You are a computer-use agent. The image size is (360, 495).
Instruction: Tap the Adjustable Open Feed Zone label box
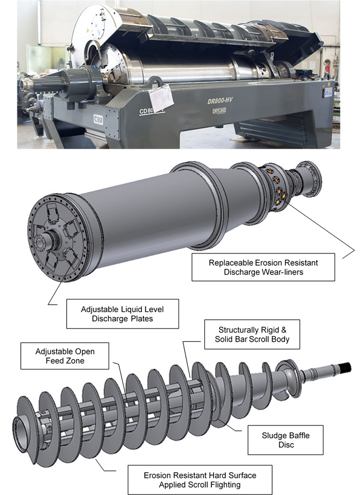pyautogui.click(x=65, y=356)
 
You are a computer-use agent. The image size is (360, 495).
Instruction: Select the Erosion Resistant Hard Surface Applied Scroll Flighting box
pyautogui.click(x=200, y=480)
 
